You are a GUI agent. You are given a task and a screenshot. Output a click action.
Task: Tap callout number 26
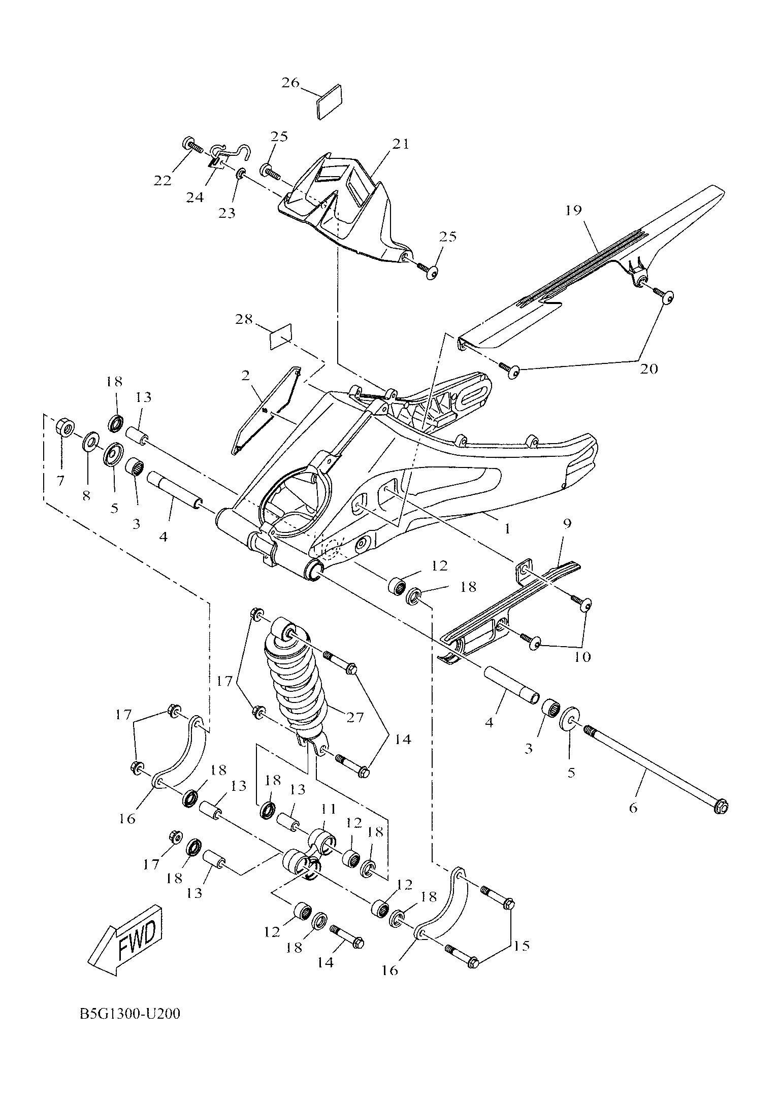pyautogui.click(x=291, y=83)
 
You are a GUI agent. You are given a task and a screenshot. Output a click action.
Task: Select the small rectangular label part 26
pyautogui.click(x=329, y=102)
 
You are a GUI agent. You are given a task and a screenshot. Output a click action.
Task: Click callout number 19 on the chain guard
pyautogui.click(x=573, y=210)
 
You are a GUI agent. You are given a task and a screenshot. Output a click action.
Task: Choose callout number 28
pyautogui.click(x=244, y=320)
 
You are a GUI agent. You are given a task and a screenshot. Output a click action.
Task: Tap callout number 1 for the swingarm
pyautogui.click(x=506, y=529)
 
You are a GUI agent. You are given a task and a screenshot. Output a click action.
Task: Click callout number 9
pyautogui.click(x=567, y=523)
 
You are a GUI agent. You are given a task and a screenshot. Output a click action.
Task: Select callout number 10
pyautogui.click(x=582, y=657)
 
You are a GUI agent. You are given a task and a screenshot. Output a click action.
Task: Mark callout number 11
pyautogui.click(x=328, y=808)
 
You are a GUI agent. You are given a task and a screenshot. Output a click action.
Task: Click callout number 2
pyautogui.click(x=246, y=376)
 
